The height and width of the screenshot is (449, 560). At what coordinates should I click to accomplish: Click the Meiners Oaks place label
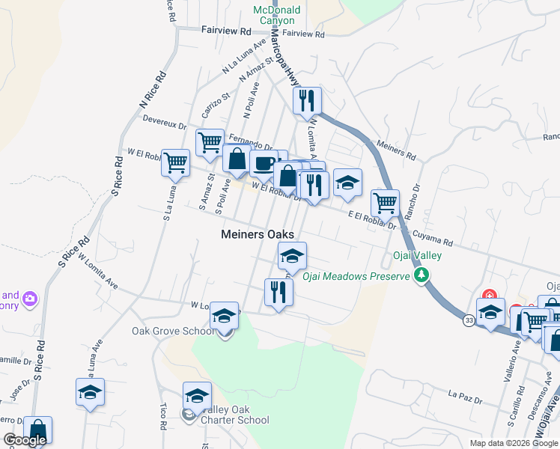(258, 234)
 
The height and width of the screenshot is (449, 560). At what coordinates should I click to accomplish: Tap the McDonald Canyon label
(276, 15)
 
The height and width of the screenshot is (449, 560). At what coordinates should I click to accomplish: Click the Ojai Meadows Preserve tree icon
(422, 276)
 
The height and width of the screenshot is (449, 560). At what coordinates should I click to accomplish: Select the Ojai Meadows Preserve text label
(356, 276)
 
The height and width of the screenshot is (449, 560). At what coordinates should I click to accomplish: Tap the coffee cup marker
(264, 162)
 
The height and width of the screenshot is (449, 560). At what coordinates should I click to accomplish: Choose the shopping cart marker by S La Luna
(175, 162)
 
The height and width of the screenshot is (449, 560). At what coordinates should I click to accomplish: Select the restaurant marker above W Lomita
(279, 292)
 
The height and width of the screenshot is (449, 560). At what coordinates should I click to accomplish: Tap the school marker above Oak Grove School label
(224, 316)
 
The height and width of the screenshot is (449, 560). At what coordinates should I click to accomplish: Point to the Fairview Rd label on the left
(225, 31)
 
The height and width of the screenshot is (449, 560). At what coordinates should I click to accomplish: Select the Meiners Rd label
(397, 149)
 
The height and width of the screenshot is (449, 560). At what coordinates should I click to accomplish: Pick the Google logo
(24, 440)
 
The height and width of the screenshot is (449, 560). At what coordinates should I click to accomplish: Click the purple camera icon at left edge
(30, 299)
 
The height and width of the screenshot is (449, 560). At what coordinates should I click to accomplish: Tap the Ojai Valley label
(417, 255)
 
